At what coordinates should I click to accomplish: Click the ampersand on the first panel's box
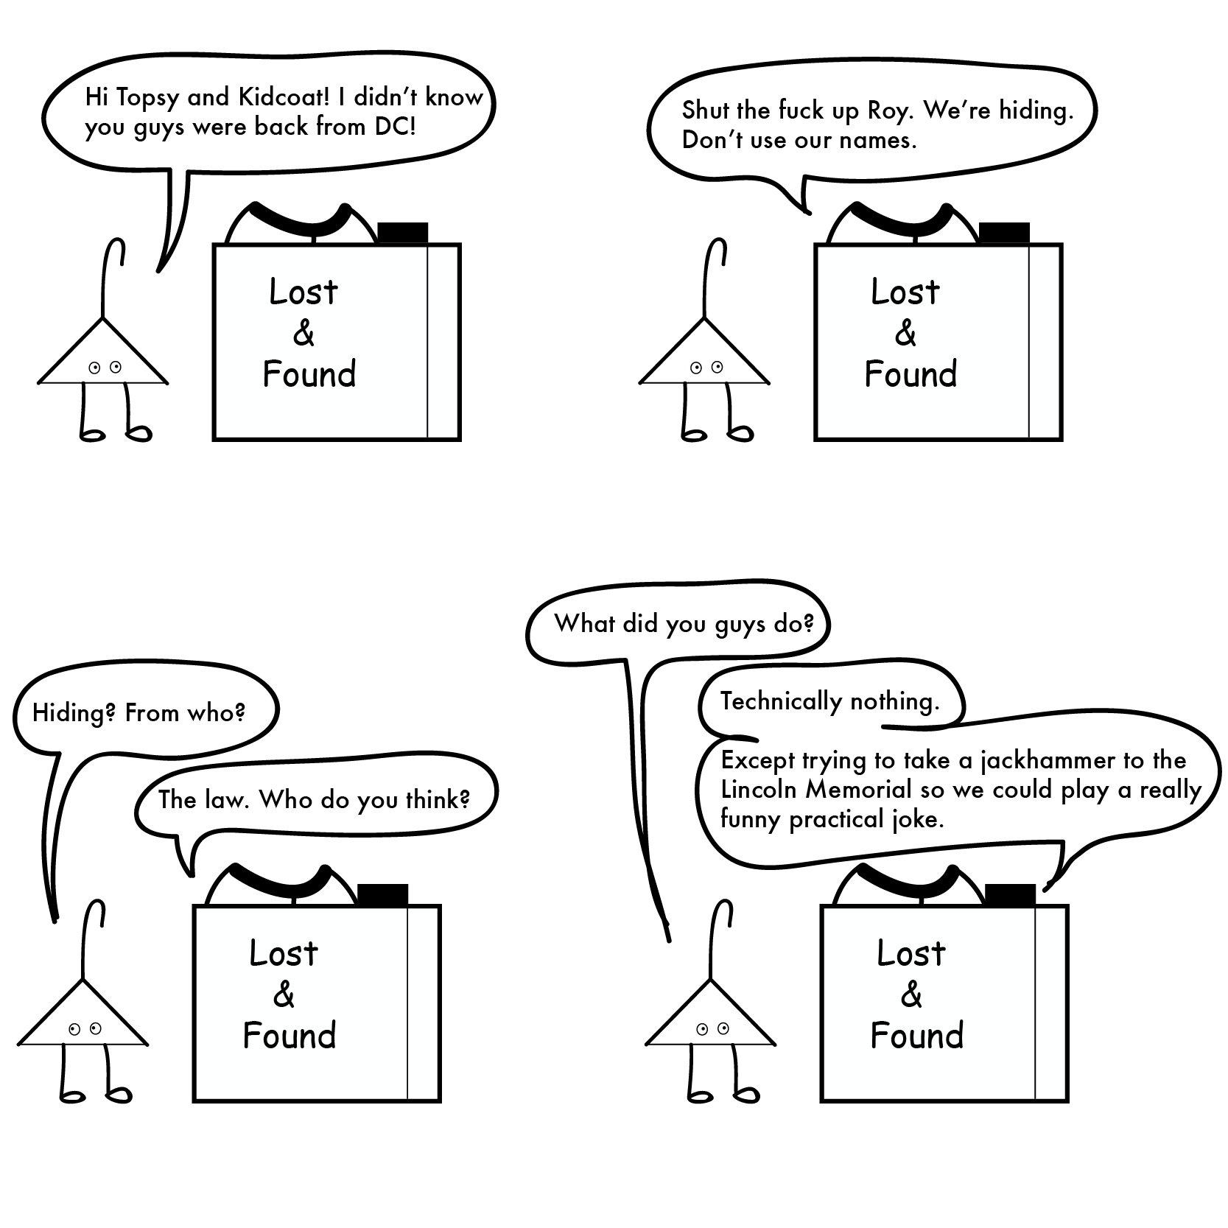pyautogui.click(x=304, y=333)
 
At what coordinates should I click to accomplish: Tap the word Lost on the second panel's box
pyautogui.click(x=905, y=292)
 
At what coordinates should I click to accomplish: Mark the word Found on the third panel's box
pyautogui.click(x=290, y=1036)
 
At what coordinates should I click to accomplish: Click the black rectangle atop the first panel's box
pyautogui.click(x=402, y=233)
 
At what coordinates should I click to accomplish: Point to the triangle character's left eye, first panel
pyautogui.click(x=94, y=368)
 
